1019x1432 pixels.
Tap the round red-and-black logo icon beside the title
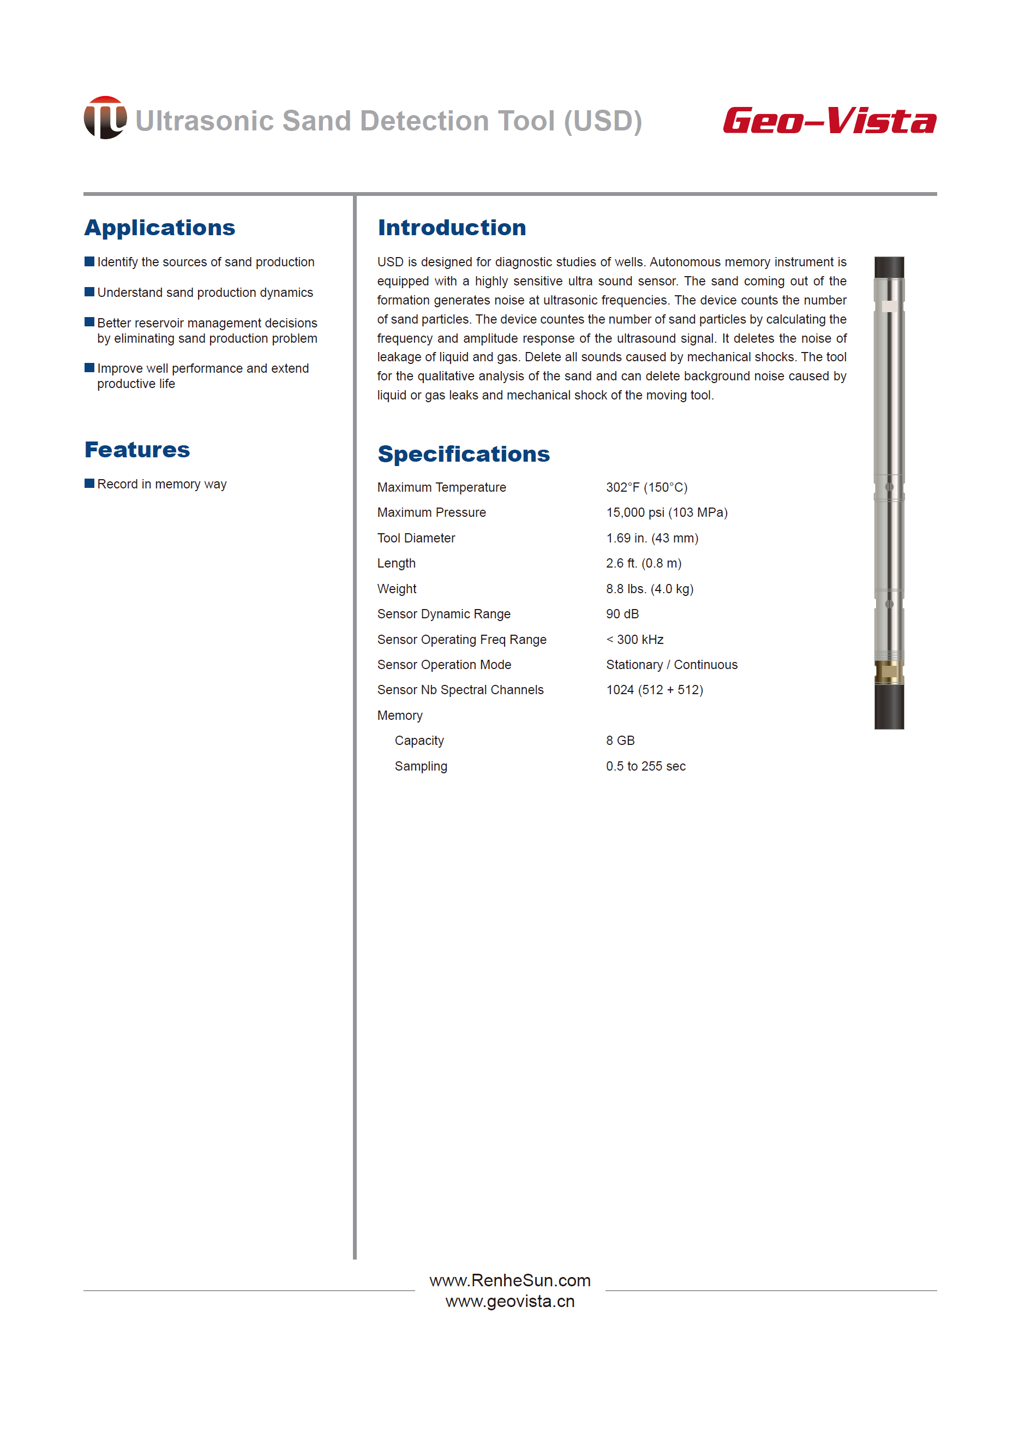[x=105, y=117]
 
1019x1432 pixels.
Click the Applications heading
[x=159, y=227]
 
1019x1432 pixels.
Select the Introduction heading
[x=452, y=227]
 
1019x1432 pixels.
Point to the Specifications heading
[x=463, y=454]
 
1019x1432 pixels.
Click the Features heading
[x=137, y=450]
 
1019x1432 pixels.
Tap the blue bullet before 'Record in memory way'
[x=89, y=483]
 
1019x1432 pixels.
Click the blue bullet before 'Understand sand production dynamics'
[x=89, y=291]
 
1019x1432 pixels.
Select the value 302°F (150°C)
[x=646, y=487]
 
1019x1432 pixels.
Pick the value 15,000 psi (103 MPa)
[x=667, y=512]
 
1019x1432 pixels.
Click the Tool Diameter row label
[x=416, y=538]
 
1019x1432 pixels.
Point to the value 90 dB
[x=622, y=614]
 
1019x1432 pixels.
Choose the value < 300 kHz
[x=634, y=639]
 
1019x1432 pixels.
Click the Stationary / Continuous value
[x=672, y=664]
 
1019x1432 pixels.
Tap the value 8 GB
[x=620, y=740]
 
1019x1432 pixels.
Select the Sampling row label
[x=421, y=766]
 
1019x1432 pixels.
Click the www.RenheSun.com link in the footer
[x=509, y=1280]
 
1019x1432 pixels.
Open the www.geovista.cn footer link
[x=509, y=1301]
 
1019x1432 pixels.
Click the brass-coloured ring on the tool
[x=889, y=672]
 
